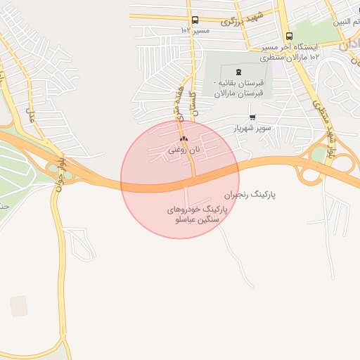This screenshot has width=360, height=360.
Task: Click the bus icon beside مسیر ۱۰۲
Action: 195,20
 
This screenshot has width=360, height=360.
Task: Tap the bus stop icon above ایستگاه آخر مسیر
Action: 289,37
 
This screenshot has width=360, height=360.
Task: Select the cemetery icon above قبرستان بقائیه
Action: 238,72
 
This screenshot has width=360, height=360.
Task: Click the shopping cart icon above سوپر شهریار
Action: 252,117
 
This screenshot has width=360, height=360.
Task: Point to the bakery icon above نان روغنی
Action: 184,139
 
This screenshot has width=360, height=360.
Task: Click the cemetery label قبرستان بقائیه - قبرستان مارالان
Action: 238,87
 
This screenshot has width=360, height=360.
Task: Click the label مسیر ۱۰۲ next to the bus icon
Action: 195,31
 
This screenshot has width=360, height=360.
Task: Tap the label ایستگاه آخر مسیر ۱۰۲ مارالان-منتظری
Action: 290,51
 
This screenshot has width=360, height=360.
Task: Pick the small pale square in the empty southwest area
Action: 19,305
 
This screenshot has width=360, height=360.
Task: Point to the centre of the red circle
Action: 180,180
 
